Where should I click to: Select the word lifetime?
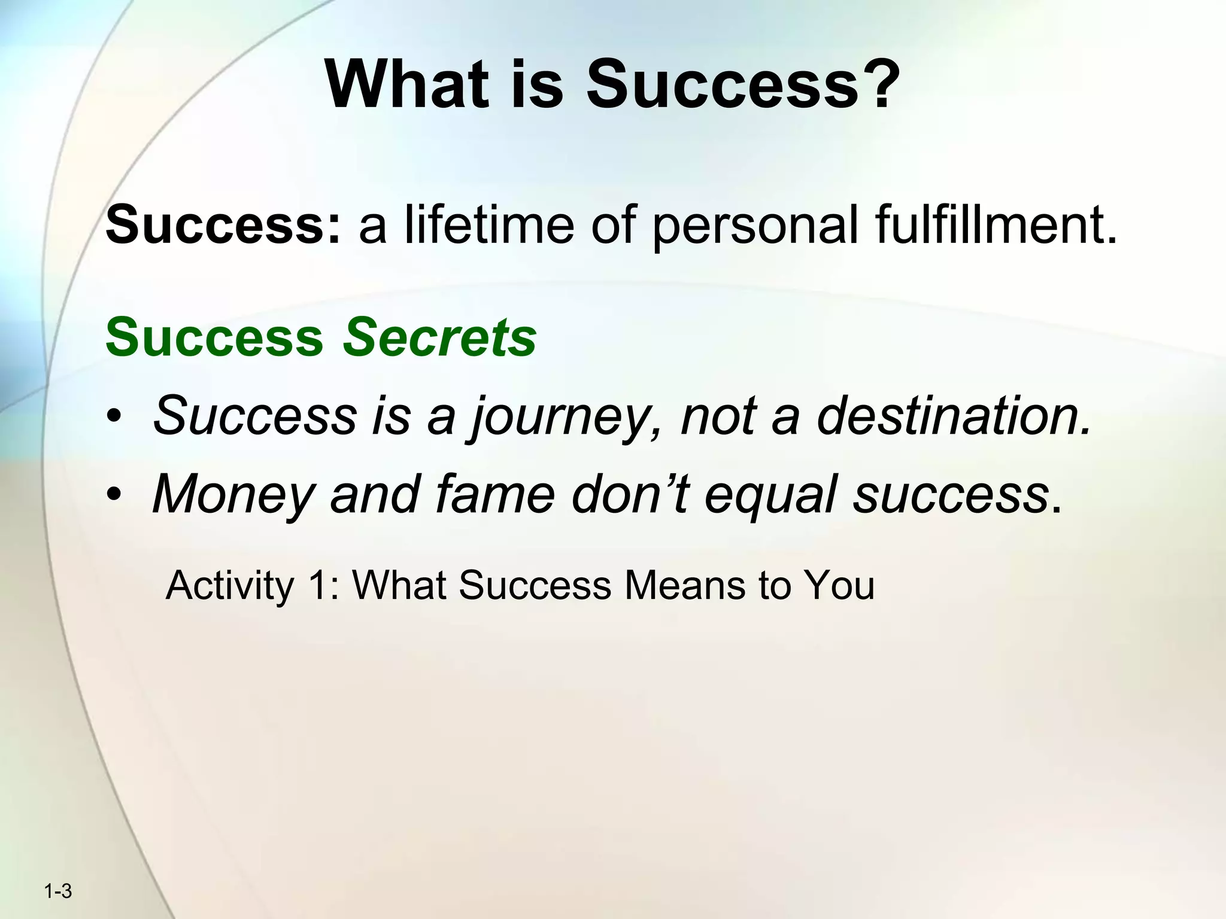(x=489, y=224)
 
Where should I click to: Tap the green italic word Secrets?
(x=439, y=337)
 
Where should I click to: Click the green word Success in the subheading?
(x=214, y=337)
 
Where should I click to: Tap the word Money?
(x=233, y=496)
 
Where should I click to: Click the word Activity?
(x=229, y=586)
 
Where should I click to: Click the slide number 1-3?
(x=58, y=892)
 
